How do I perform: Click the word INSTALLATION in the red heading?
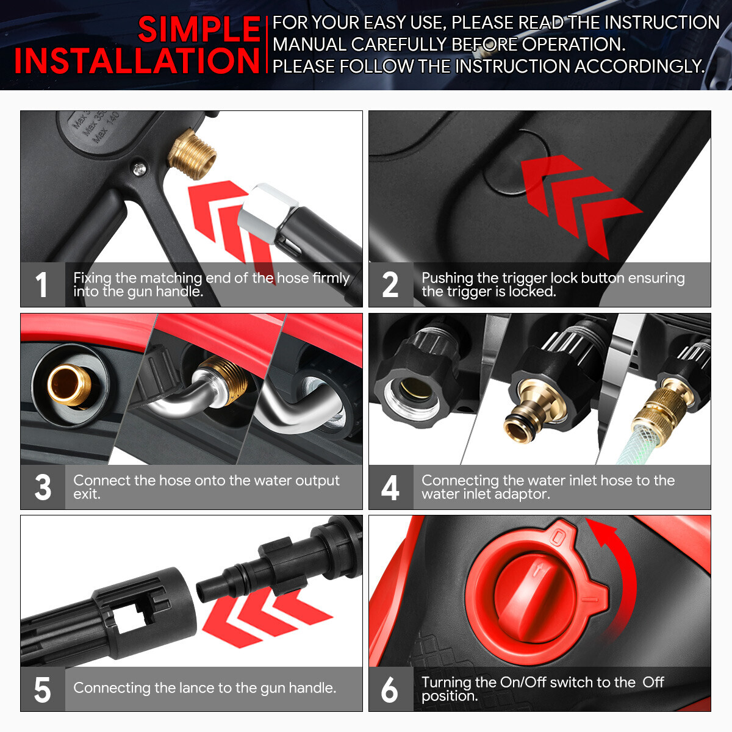coord(137,60)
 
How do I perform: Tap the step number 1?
coord(41,284)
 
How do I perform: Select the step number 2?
coord(390,284)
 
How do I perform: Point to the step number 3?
coord(43,487)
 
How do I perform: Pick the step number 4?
coord(390,487)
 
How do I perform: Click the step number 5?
coord(42,689)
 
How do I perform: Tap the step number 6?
coord(390,689)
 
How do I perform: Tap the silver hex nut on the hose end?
coord(267,211)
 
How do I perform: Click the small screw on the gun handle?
coord(139,168)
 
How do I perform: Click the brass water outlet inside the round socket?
coord(70,385)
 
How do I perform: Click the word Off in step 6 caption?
coord(653,682)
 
